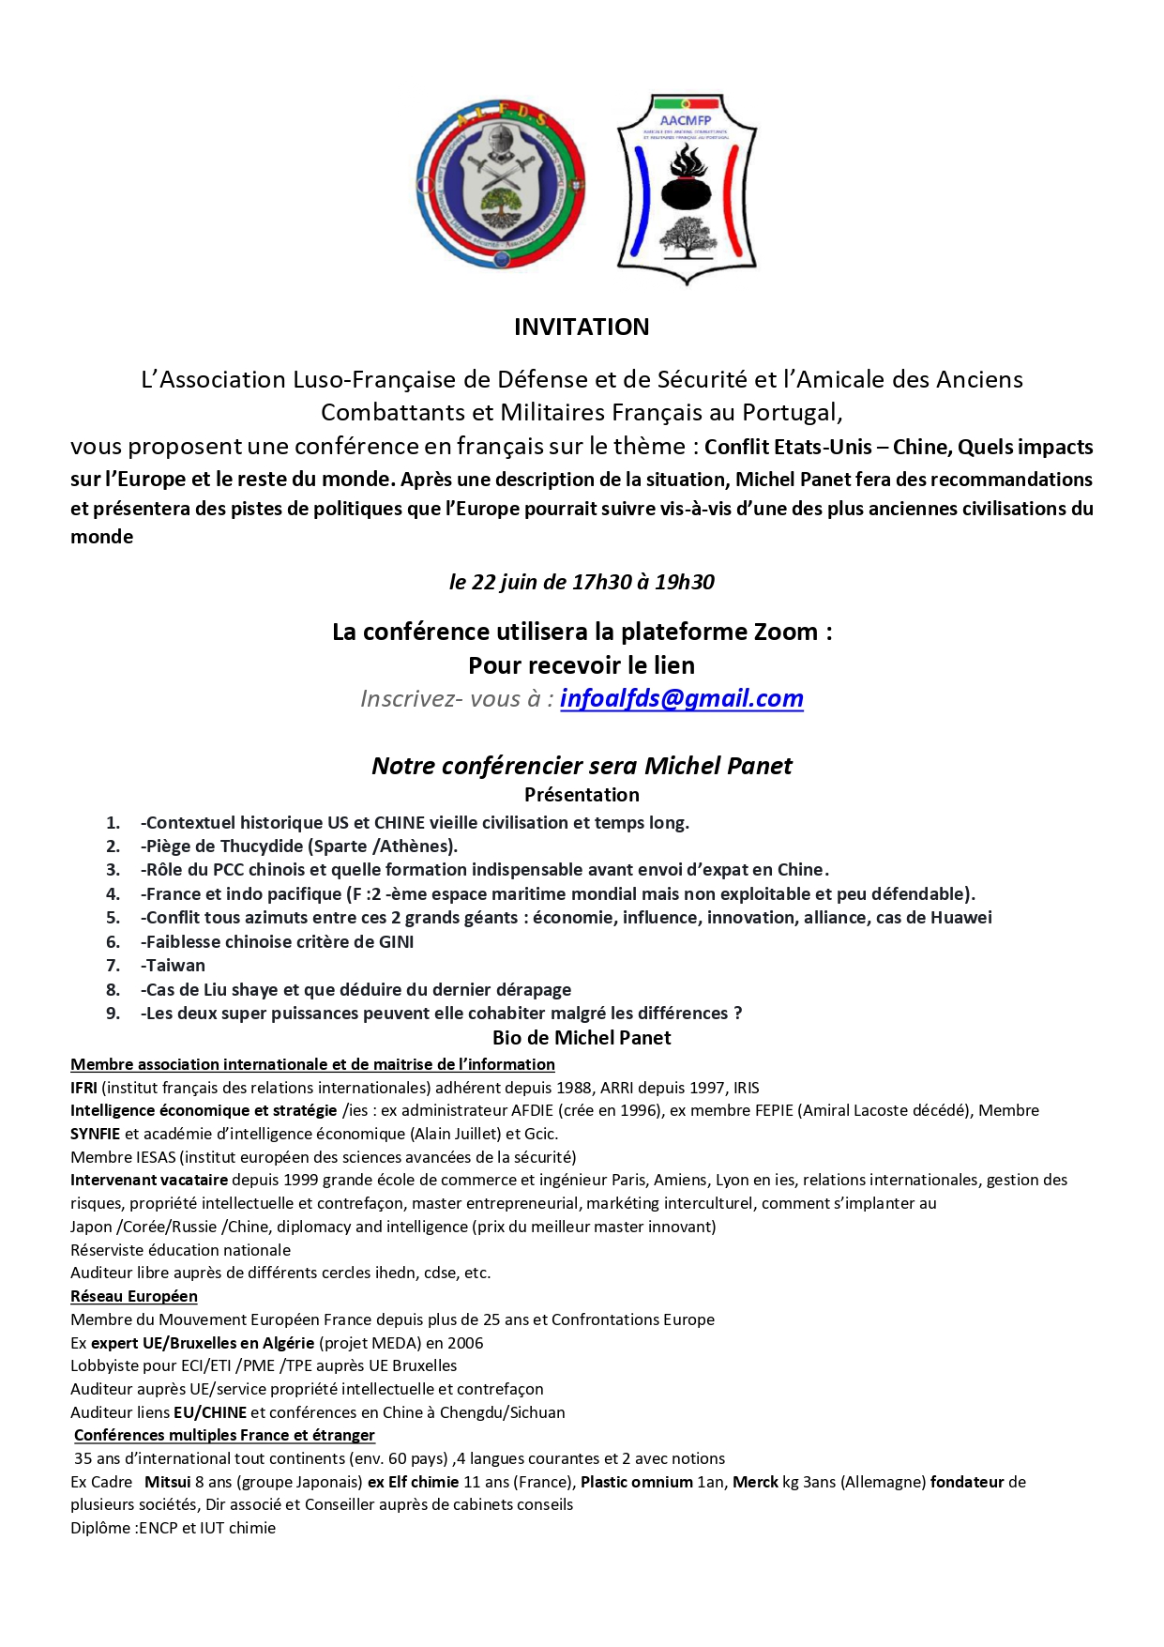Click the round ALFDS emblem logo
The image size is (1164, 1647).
coord(501,184)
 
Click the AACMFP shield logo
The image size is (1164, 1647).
coord(687,188)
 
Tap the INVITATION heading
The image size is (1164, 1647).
coord(582,327)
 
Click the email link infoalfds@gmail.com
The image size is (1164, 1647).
coord(681,698)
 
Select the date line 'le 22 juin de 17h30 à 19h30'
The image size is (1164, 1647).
coord(582,582)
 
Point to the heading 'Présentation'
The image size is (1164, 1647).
coord(582,795)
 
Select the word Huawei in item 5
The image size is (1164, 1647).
coord(960,918)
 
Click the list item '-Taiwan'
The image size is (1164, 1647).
coord(174,966)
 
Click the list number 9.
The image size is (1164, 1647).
coord(113,1014)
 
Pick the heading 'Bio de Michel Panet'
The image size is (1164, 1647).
coord(582,1038)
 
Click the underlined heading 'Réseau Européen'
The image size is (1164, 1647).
coord(134,1296)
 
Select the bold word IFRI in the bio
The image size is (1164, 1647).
coord(83,1088)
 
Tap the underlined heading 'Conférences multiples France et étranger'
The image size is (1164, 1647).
coord(224,1435)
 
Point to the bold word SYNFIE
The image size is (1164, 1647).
coord(95,1134)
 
